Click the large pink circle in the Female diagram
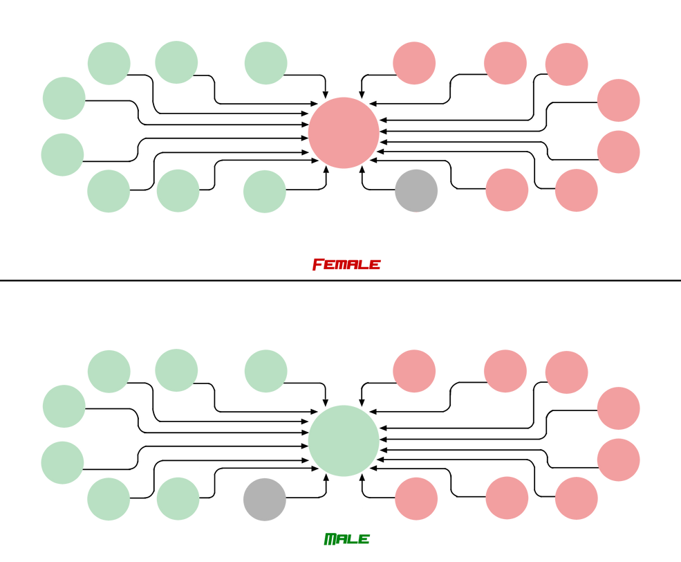(344, 132)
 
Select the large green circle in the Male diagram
(344, 440)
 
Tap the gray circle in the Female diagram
(416, 190)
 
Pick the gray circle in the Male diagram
(264, 499)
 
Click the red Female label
(346, 264)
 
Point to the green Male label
(346, 538)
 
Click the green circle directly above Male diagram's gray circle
(265, 371)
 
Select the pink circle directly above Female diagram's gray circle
(414, 63)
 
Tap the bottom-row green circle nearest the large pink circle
(264, 191)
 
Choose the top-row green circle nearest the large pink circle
(265, 63)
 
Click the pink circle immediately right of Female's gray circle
(507, 190)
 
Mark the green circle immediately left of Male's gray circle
(178, 498)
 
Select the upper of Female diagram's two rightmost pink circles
(618, 100)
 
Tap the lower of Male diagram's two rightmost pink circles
(618, 460)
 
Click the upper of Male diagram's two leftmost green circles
(64, 406)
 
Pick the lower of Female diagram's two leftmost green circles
(62, 154)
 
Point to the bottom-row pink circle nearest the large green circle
(416, 498)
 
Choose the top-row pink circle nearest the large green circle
(414, 371)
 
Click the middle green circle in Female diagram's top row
(176, 62)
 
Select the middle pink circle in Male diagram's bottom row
(507, 498)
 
